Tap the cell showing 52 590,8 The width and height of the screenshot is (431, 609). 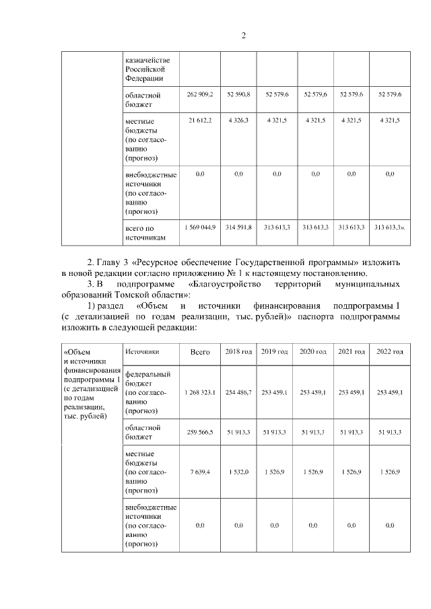pos(238,94)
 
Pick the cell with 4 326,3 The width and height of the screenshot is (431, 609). pos(238,120)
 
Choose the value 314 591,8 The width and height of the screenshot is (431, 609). pos(238,227)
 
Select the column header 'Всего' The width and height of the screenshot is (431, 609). pos(200,352)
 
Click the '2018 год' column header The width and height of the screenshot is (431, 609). pos(238,352)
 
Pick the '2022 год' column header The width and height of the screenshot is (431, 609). pos(390,352)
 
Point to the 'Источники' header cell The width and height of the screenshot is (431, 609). pos(142,351)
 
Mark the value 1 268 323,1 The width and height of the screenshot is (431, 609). pos(199,392)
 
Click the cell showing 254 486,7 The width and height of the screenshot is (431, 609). pos(238,392)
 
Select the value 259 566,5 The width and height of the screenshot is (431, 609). pos(199,432)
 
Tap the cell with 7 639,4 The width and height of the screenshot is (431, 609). pos(199,472)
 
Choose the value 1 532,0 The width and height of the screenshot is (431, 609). pos(238,472)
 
